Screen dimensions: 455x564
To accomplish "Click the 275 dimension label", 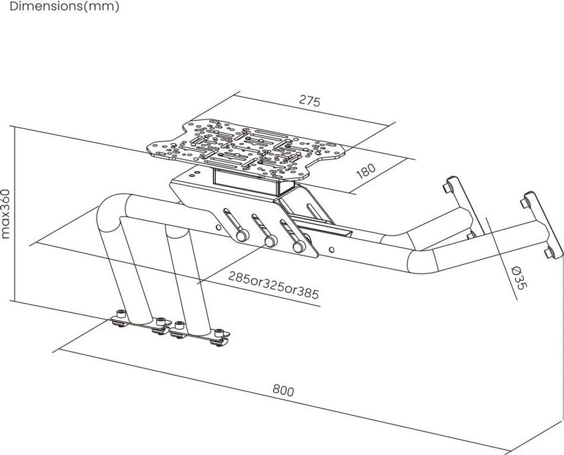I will (x=310, y=101).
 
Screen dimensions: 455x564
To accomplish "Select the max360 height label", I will (x=6, y=214).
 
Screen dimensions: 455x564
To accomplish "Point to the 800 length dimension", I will (x=283, y=391).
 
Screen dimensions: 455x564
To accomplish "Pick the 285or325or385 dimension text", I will (x=273, y=285).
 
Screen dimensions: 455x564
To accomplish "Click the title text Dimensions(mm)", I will (x=64, y=7).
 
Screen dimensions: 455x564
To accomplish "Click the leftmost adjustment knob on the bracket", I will (x=241, y=235).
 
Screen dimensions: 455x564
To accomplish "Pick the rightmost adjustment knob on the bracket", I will (x=299, y=247).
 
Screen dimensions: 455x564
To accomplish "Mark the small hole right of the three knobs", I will (x=331, y=249).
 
